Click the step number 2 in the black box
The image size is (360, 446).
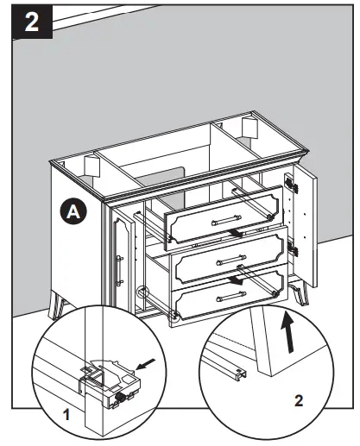(31, 22)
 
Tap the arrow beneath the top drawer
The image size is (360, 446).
(251, 232)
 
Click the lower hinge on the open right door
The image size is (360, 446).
(294, 250)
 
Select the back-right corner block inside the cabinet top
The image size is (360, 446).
(247, 129)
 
